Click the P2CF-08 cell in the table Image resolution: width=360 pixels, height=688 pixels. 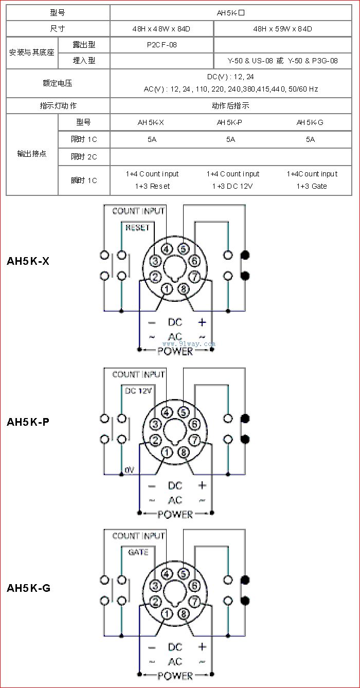(x=161, y=45)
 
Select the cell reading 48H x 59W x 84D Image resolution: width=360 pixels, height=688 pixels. (x=282, y=29)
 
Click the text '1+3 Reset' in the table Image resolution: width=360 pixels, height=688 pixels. (x=152, y=186)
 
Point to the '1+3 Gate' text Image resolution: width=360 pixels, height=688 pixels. (x=312, y=186)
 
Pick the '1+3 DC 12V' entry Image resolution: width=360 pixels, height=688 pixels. (x=232, y=186)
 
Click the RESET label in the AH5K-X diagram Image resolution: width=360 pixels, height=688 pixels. (x=137, y=227)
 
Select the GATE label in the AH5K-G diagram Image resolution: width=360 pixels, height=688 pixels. (x=138, y=552)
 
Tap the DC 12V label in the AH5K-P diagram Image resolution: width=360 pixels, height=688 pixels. (x=138, y=391)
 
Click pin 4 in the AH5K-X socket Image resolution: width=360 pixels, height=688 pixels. (x=167, y=249)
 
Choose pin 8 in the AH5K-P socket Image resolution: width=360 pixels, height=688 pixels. (x=184, y=452)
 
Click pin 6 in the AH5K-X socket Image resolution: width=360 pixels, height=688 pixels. (x=194, y=261)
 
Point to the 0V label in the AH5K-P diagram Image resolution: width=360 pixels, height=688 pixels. (x=129, y=469)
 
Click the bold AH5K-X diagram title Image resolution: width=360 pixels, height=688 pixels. (x=28, y=261)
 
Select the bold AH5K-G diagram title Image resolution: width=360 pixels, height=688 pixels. (x=29, y=588)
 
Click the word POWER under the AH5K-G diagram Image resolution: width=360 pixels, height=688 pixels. (x=175, y=676)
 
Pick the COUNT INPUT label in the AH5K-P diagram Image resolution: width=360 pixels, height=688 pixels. (x=138, y=374)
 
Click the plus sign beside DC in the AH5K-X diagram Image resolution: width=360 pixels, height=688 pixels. (x=202, y=322)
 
